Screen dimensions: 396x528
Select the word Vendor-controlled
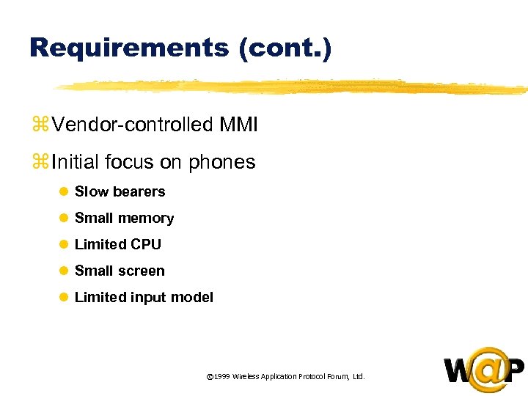point(132,125)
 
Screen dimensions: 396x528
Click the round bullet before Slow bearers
point(64,192)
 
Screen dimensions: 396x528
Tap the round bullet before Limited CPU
point(64,245)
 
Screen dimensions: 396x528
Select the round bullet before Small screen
point(64,271)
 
